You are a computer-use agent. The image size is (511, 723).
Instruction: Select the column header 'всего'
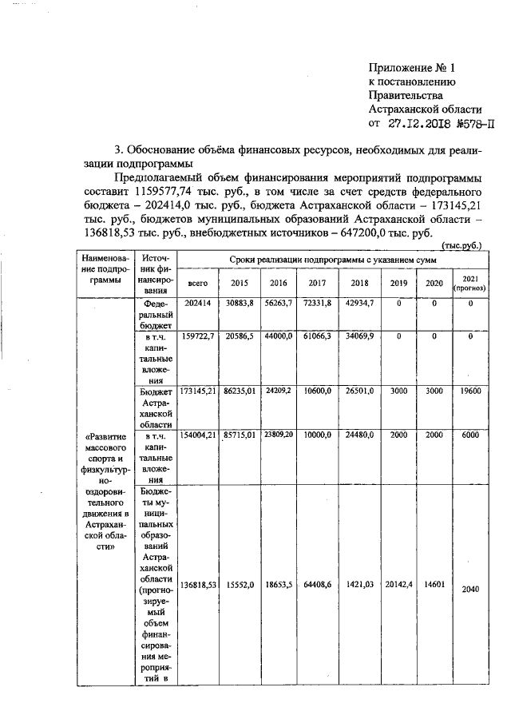196,283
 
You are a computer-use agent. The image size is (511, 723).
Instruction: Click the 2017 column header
316,283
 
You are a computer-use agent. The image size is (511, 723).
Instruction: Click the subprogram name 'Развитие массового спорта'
101,447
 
